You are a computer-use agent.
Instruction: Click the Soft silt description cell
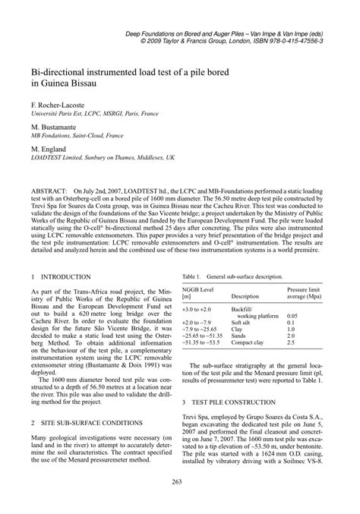pyautogui.click(x=245, y=323)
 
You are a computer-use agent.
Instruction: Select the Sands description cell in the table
pyautogui.click(x=240, y=336)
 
